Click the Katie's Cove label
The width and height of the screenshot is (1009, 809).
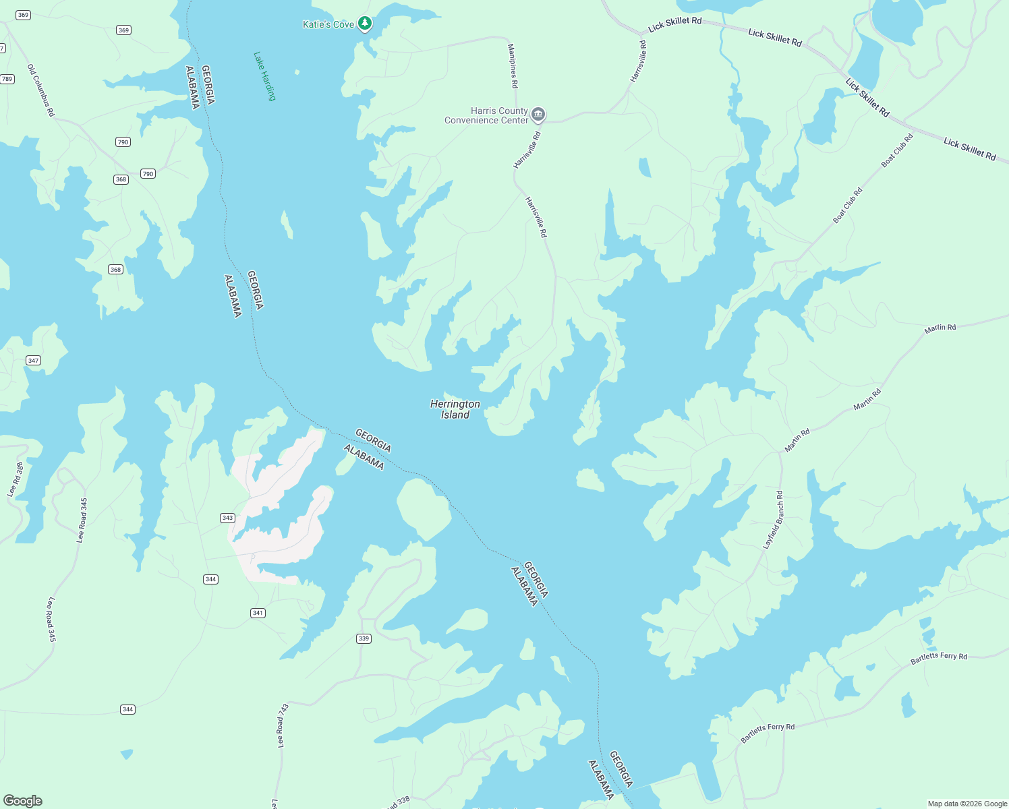coord(328,24)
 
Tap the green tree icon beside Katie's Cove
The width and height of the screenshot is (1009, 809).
coord(365,24)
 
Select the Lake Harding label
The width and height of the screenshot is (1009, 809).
coord(265,76)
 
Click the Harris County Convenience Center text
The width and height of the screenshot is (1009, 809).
coord(487,115)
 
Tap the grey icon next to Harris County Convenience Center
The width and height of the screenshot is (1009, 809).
coord(538,115)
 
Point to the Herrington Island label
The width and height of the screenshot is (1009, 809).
coord(455,409)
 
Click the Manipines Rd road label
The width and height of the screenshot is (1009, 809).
coord(513,66)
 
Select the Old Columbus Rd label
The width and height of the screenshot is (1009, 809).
coord(40,90)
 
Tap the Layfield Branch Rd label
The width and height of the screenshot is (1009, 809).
coord(773,520)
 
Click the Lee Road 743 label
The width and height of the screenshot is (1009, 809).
coord(283,725)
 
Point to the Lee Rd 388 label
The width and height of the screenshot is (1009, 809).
coord(16,480)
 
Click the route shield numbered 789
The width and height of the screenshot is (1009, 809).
coord(7,79)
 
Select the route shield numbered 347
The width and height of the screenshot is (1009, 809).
coord(33,361)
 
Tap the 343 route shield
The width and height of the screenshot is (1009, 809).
coord(227,518)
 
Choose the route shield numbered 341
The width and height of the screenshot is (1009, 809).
coord(258,613)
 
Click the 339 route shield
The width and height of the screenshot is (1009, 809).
coord(364,638)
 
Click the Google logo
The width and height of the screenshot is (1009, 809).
coord(23,801)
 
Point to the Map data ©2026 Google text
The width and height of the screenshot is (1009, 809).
coord(967,804)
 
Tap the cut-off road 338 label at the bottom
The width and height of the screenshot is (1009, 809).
coord(398,802)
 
